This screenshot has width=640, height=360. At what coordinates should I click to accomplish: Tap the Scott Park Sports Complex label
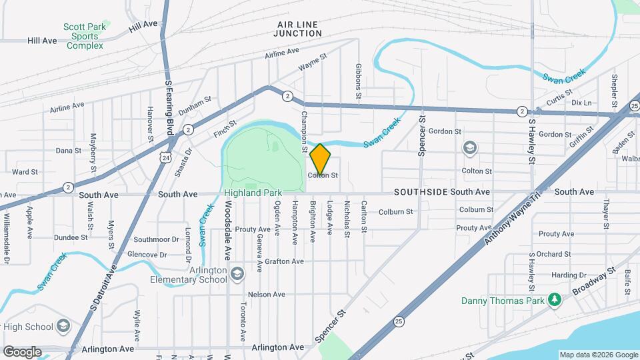click(83, 36)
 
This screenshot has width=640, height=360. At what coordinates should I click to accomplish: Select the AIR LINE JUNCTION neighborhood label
click(297, 28)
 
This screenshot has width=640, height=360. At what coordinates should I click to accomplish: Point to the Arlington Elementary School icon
click(237, 274)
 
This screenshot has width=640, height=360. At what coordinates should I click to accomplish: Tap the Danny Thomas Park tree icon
click(553, 299)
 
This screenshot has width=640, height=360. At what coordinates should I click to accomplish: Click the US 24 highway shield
click(165, 156)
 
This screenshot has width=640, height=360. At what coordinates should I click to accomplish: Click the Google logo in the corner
click(22, 352)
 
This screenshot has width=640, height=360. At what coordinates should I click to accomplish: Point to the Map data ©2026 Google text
click(598, 355)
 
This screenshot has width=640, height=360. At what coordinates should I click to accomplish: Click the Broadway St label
click(597, 285)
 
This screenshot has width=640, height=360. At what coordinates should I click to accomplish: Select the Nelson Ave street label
click(266, 294)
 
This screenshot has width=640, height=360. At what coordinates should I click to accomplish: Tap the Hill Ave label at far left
click(42, 41)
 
